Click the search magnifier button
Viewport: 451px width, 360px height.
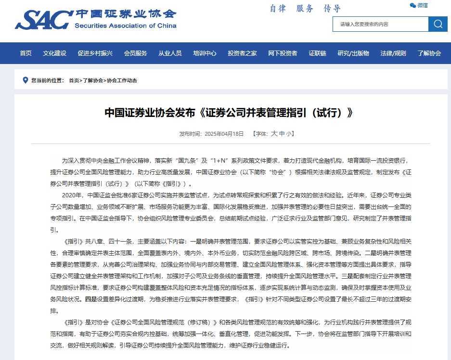click(x=438, y=24)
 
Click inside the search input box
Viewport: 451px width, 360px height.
click(x=380, y=24)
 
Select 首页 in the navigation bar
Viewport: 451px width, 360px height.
click(x=26, y=53)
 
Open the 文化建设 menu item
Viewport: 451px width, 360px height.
click(x=54, y=53)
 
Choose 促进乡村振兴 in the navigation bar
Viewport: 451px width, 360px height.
click(x=95, y=53)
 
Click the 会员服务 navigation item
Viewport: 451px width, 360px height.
click(x=135, y=53)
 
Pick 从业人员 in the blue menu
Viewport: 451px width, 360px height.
click(x=170, y=53)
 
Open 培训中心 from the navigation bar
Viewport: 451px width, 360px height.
click(x=205, y=53)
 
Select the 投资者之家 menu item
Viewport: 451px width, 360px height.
click(x=242, y=53)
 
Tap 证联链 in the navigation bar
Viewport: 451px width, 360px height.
click(x=317, y=53)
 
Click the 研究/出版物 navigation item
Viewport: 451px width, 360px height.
click(x=353, y=53)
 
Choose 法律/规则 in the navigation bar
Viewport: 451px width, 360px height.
click(x=393, y=53)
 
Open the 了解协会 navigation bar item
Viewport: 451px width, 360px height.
click(x=429, y=53)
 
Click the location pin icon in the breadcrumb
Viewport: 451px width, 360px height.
click(x=25, y=80)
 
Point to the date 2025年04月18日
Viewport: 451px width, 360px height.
click(x=224, y=134)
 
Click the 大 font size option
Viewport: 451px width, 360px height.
click(x=274, y=134)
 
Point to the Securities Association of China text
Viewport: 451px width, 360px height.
click(x=125, y=26)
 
